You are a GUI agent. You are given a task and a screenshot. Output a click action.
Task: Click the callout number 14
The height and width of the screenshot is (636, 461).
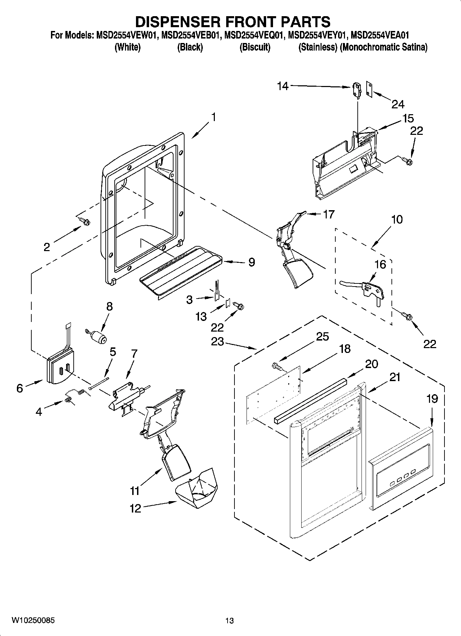click(283, 86)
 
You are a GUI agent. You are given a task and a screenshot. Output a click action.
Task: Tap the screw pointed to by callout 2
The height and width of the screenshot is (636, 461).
click(84, 222)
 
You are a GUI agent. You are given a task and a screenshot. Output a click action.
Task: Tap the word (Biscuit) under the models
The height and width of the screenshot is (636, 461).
click(255, 47)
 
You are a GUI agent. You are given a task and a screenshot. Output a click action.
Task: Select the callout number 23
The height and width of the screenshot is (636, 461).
click(218, 342)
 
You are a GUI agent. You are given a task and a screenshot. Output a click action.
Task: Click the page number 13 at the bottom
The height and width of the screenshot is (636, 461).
click(230, 621)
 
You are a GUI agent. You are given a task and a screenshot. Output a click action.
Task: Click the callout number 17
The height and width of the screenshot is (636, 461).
click(328, 214)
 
